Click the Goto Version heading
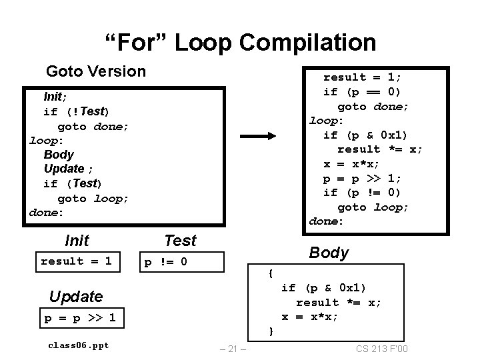point(95,71)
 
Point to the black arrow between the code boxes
point(258,136)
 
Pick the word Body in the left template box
point(59,155)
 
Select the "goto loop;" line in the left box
point(93,198)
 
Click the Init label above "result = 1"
point(77,240)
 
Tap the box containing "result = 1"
point(76,261)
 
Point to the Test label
point(180,241)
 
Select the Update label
point(76,297)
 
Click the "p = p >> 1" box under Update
point(80,318)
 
